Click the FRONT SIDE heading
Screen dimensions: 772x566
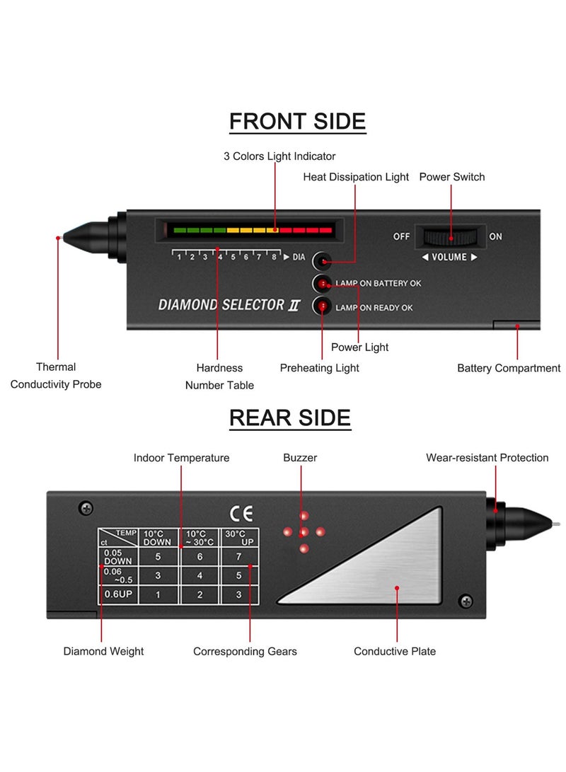[297, 121]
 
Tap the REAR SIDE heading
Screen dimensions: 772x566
[290, 417]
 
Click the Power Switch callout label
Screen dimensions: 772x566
[452, 177]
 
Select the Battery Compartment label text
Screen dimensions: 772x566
[509, 368]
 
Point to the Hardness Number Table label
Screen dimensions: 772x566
[219, 376]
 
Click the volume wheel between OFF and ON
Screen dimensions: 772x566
[450, 236]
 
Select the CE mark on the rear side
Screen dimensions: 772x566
[241, 513]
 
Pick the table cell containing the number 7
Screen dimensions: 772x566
[239, 556]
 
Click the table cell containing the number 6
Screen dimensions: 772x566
[200, 556]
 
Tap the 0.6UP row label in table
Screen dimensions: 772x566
[118, 594]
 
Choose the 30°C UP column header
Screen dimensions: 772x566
[239, 537]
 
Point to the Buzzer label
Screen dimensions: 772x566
[300, 458]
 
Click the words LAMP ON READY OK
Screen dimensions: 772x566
[374, 307]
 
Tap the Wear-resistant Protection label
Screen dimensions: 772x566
[487, 458]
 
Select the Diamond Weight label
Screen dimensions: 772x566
[103, 651]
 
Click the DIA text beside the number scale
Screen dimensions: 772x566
[299, 257]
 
